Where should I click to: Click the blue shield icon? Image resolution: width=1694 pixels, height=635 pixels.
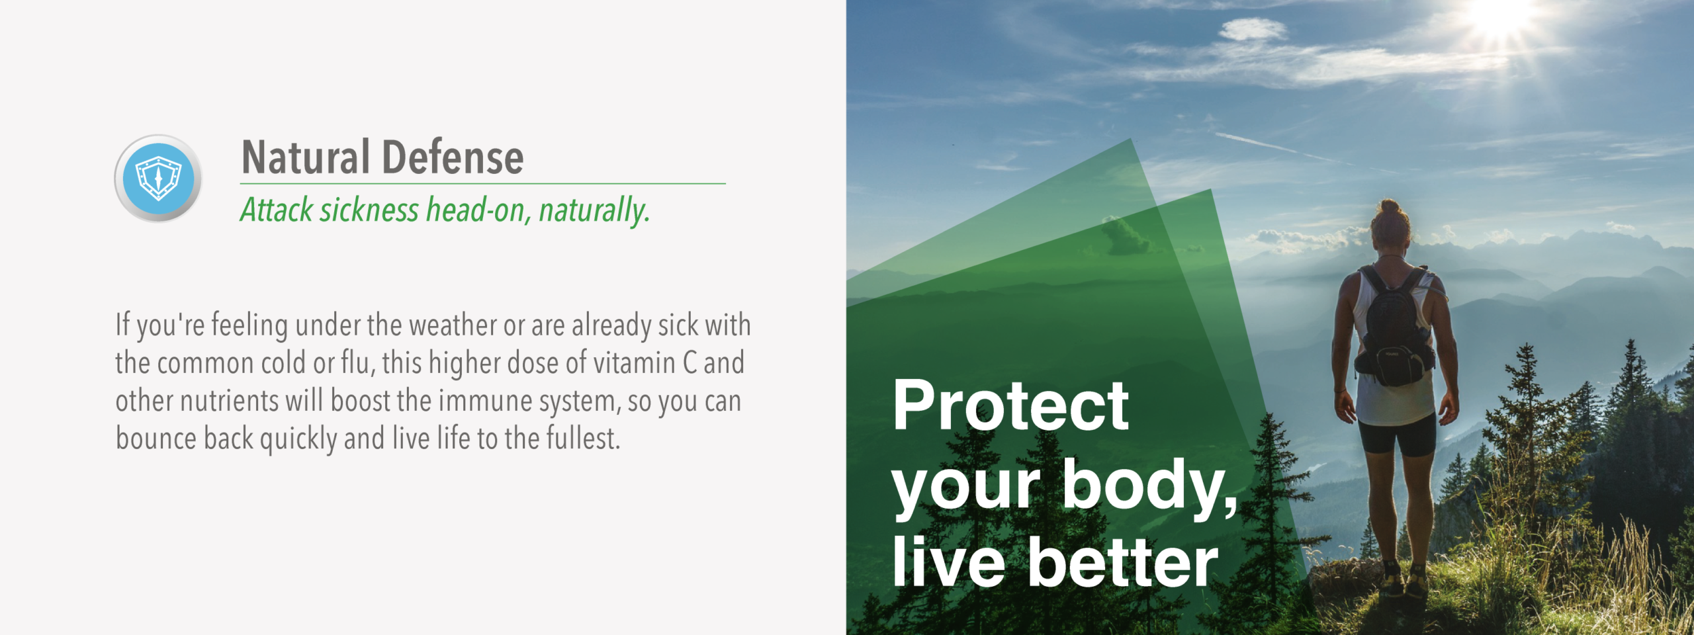tap(158, 178)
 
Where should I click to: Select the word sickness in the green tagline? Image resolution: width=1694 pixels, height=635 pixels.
tap(369, 210)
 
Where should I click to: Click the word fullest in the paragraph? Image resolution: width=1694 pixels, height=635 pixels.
tap(582, 439)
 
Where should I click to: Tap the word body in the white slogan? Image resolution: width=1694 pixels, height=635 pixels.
tap(1149, 486)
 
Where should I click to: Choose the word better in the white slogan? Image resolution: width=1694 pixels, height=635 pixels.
tap(1122, 562)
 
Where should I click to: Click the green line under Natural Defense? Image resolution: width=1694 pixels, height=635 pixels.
tap(483, 183)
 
